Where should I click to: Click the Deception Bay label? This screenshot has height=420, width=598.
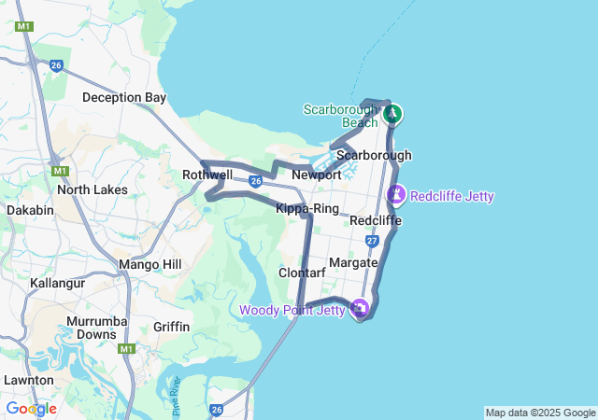pyautogui.click(x=124, y=97)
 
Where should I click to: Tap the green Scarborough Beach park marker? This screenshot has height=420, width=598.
pyautogui.click(x=393, y=115)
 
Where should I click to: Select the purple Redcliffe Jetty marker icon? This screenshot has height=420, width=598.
pyautogui.click(x=396, y=195)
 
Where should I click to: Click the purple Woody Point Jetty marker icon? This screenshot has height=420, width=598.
pyautogui.click(x=360, y=309)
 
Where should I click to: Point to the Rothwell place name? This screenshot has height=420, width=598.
pyautogui.click(x=207, y=175)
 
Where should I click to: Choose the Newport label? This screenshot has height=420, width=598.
pyautogui.click(x=317, y=175)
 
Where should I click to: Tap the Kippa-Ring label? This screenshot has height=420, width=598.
pyautogui.click(x=307, y=208)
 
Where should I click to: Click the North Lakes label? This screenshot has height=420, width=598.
pyautogui.click(x=85, y=189)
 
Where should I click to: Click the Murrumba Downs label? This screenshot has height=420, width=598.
pyautogui.click(x=91, y=328)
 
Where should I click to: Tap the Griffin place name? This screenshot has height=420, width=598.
pyautogui.click(x=171, y=327)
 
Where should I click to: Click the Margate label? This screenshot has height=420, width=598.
pyautogui.click(x=353, y=262)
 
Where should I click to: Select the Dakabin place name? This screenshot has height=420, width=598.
pyautogui.click(x=30, y=210)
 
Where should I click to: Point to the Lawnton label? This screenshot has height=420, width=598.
pyautogui.click(x=28, y=380)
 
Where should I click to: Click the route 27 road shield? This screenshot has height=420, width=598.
pyautogui.click(x=373, y=241)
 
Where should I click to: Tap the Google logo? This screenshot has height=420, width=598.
pyautogui.click(x=31, y=408)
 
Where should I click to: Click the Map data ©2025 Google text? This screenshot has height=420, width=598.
pyautogui.click(x=540, y=413)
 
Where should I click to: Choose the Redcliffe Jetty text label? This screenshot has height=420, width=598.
pyautogui.click(x=452, y=196)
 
